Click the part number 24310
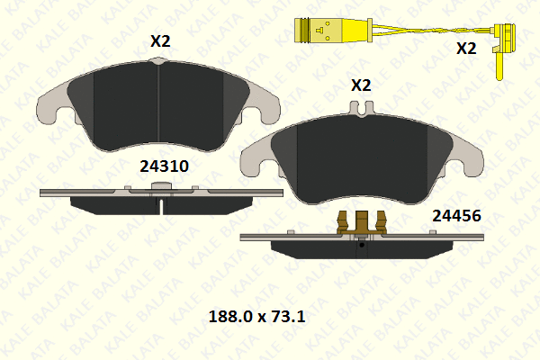coord(165,166)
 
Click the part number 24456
coord(456,216)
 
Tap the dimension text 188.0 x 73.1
coord(256,317)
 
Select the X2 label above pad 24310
coord(160,41)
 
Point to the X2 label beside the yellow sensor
coord(466,49)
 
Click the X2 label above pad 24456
coord(361,85)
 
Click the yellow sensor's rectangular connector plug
coord(333,31)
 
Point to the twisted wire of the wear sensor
coord(432,31)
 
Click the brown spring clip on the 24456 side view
coord(362,222)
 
